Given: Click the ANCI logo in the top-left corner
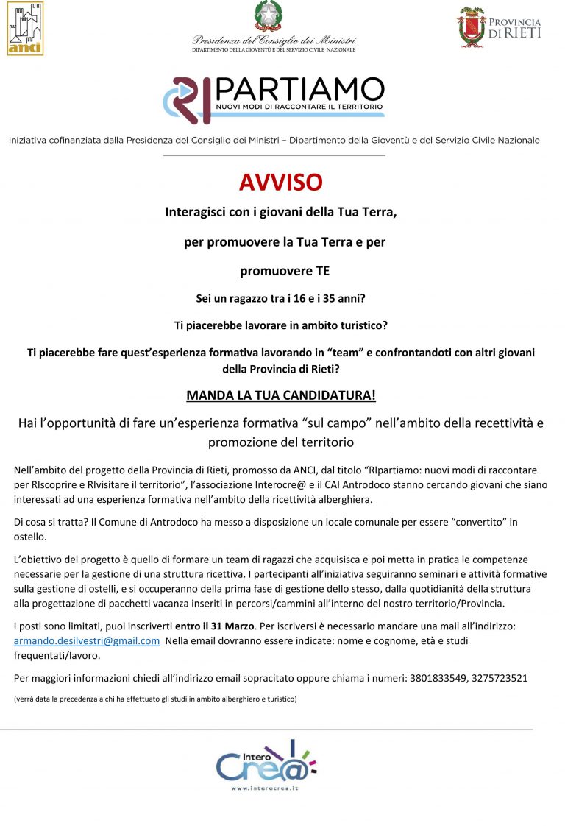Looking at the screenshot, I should click(x=24, y=28).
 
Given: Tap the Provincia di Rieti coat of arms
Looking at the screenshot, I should click(x=472, y=27).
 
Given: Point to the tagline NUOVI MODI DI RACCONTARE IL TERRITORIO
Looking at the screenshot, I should click(x=299, y=107).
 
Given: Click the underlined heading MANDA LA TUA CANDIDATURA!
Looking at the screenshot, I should click(x=280, y=395).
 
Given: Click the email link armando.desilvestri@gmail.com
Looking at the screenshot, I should click(x=87, y=641).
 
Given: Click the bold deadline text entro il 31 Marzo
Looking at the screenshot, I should click(x=215, y=626).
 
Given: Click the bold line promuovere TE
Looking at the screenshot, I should click(x=285, y=271).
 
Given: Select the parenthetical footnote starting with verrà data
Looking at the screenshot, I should click(x=155, y=699).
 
